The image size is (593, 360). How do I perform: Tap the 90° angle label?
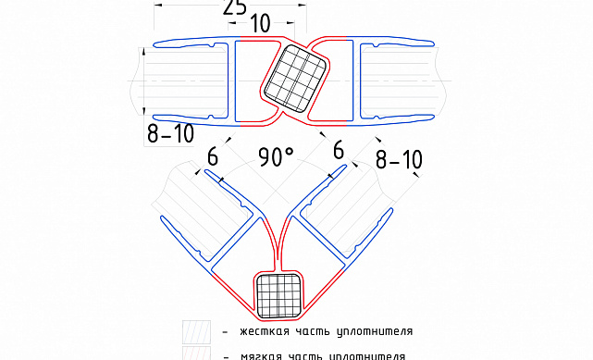pyautogui.click(x=276, y=157)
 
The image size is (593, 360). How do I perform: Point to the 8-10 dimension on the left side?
pyautogui.click(x=171, y=133)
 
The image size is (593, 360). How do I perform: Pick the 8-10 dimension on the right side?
pyautogui.click(x=400, y=158)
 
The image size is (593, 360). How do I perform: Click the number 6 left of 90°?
pyautogui.click(x=213, y=158)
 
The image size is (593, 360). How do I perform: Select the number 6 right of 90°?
pyautogui.click(x=339, y=149)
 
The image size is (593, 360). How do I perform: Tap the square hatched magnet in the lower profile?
pyautogui.click(x=279, y=295)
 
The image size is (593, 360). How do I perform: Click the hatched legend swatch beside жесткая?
pyautogui.click(x=195, y=331)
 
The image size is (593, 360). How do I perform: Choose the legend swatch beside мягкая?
pyautogui.click(x=195, y=354)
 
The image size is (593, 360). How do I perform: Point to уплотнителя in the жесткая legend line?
pyautogui.click(x=375, y=330)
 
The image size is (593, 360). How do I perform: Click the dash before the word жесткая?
pyautogui.click(x=224, y=331)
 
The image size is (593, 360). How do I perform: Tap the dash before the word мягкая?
pyautogui.click(x=224, y=354)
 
